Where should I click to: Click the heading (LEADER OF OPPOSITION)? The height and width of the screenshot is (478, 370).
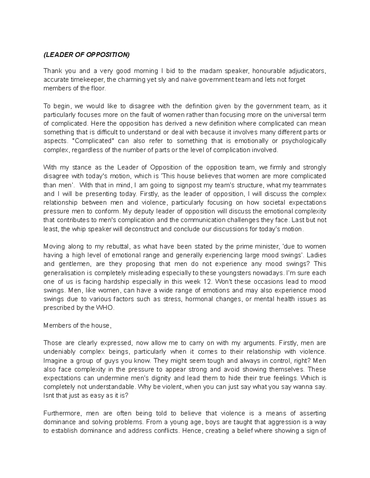[x=87, y=55]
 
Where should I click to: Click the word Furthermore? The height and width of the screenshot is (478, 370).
[x=62, y=413]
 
